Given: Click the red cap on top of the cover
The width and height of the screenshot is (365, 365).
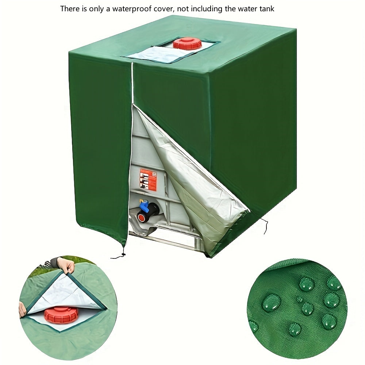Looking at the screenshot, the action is click(x=187, y=43).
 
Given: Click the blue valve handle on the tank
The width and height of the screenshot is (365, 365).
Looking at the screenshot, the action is click(x=143, y=205).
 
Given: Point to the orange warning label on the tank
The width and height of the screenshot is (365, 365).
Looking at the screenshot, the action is click(x=148, y=180).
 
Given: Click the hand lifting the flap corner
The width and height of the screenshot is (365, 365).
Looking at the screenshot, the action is click(x=66, y=264).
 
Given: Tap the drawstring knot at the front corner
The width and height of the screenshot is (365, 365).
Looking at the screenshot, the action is click(x=123, y=254).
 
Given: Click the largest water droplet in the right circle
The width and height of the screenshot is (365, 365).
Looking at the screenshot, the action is click(x=271, y=302).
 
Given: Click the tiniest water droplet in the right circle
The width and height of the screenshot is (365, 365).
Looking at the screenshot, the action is click(x=300, y=299).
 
